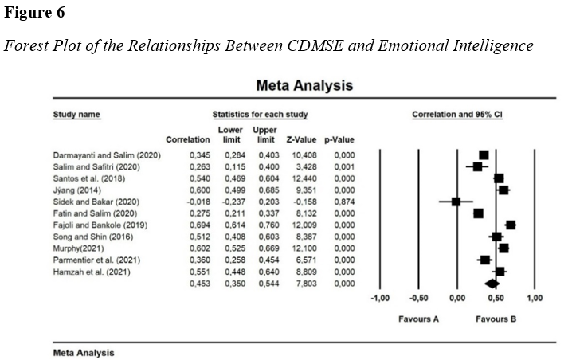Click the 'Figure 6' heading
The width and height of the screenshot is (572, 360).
click(x=33, y=14)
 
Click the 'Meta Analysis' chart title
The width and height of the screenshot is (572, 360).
click(x=304, y=85)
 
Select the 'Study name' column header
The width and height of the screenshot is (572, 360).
click(x=76, y=115)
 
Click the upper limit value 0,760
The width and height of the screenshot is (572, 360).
click(x=264, y=225)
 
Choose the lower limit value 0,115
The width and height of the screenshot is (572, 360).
click(x=229, y=166)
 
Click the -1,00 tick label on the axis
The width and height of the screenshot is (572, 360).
click(x=380, y=298)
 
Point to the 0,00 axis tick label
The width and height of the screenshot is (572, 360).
click(x=456, y=298)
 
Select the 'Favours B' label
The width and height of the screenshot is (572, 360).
click(x=496, y=319)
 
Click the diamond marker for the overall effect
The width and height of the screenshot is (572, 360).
click(x=492, y=283)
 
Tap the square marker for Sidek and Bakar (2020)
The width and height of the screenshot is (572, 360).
click(x=456, y=202)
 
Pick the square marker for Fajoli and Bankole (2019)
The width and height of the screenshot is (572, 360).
click(x=511, y=225)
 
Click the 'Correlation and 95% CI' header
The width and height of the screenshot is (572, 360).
click(x=456, y=115)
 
